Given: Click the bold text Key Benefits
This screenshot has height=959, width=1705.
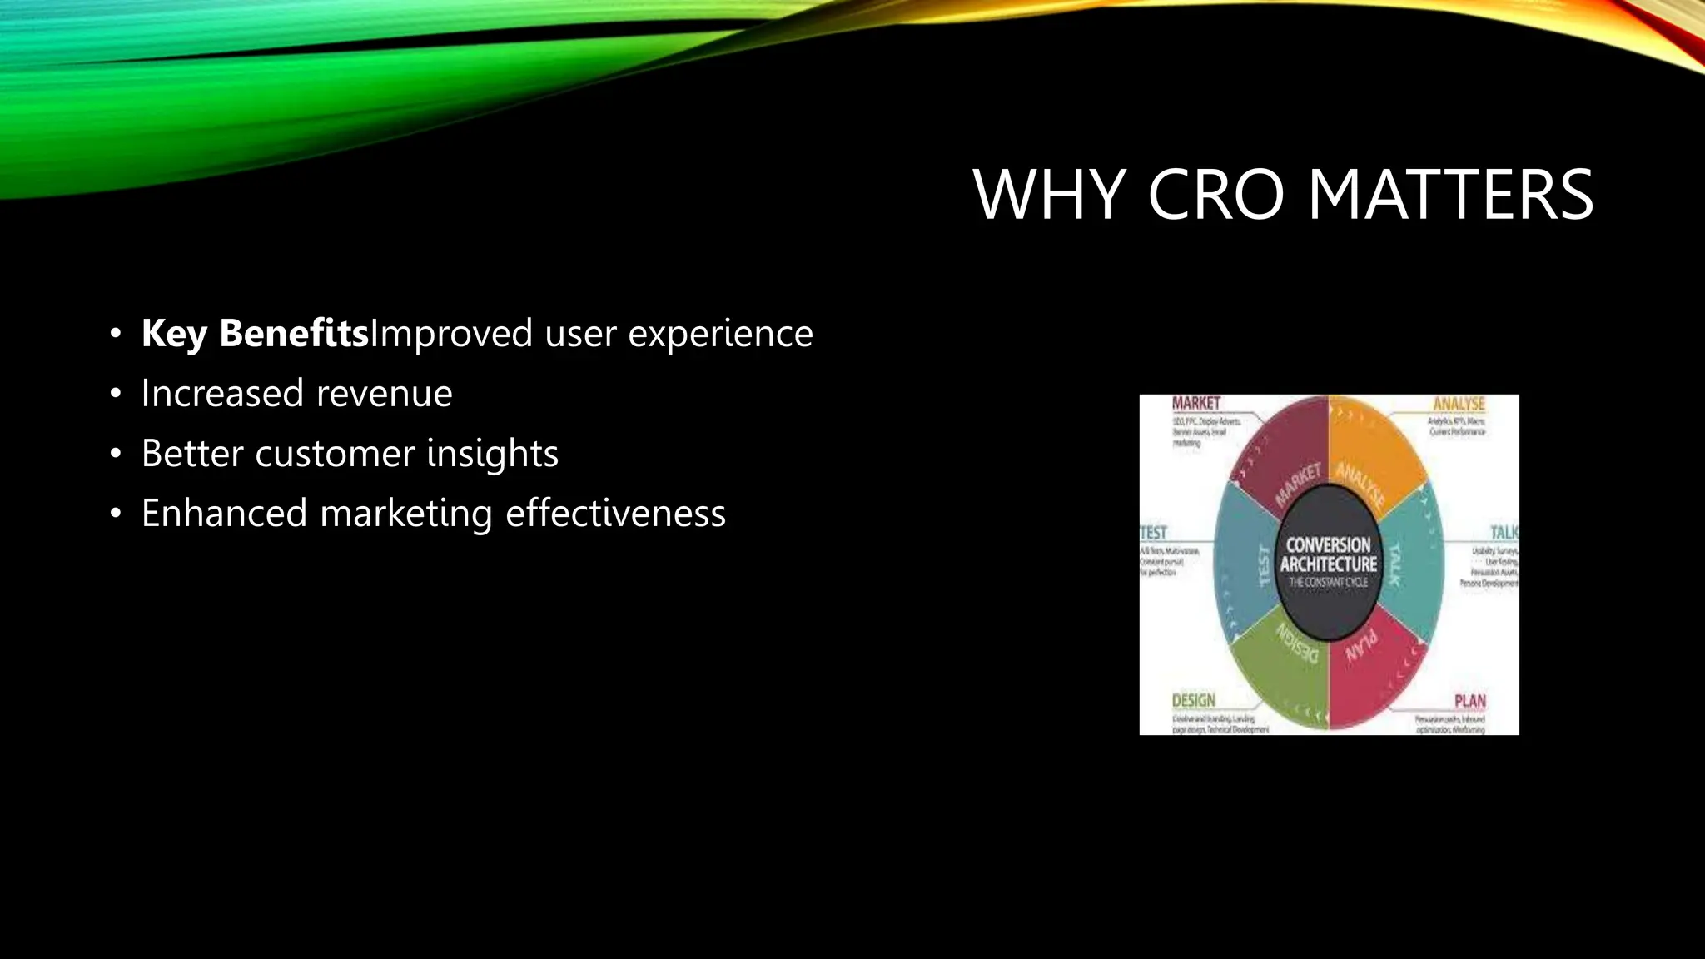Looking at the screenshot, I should [x=255, y=334].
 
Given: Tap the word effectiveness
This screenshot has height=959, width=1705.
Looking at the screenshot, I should [x=615, y=514].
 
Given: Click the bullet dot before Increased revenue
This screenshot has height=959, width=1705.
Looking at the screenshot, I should [x=116, y=394].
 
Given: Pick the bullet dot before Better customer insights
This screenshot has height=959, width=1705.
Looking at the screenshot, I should [x=116, y=455].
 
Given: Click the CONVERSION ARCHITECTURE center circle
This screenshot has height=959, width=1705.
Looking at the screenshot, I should [x=1329, y=563].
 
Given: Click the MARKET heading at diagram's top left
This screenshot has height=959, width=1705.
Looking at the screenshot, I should [x=1195, y=404].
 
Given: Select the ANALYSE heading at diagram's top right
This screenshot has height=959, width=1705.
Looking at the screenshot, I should [x=1459, y=404].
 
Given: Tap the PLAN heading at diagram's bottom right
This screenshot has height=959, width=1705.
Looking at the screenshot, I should [x=1469, y=701].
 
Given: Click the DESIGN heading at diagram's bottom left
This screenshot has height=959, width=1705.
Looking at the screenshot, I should [x=1194, y=701].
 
